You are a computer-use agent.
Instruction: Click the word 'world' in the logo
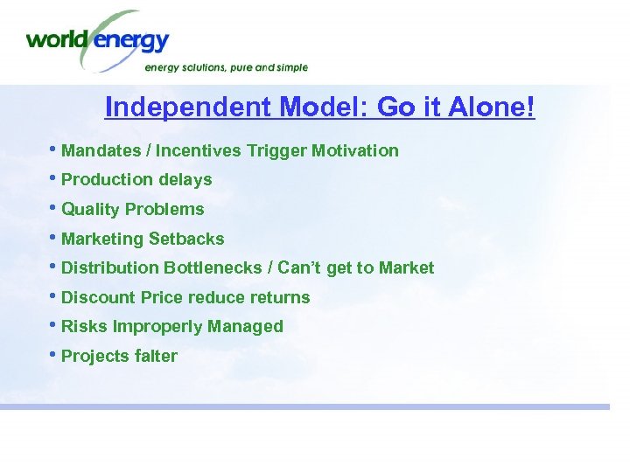tap(58, 40)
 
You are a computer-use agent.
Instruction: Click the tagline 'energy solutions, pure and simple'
tap(226, 67)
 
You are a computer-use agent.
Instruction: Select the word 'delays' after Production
tap(185, 180)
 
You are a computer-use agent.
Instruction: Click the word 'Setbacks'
tap(186, 239)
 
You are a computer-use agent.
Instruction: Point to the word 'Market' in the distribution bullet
tap(406, 268)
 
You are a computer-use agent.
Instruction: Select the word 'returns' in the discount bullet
tap(279, 298)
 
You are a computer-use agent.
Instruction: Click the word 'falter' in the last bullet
tap(156, 357)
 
